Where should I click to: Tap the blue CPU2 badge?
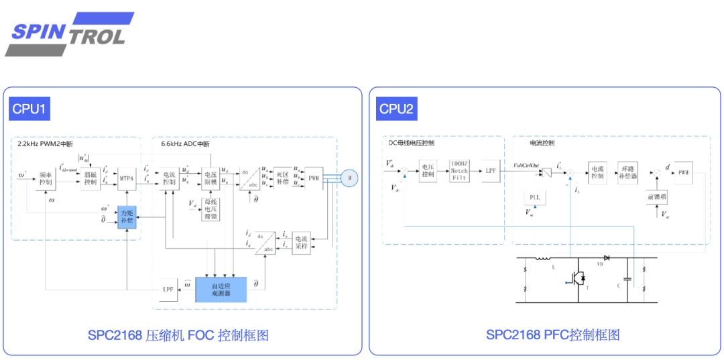pyautogui.click(x=396, y=109)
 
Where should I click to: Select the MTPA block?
pyautogui.click(x=127, y=178)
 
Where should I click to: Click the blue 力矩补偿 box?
pyautogui.click(x=127, y=215)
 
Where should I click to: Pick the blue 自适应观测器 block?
pyautogui.click(x=221, y=289)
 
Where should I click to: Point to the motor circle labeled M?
pyautogui.click(x=350, y=178)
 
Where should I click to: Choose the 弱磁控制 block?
pyautogui.click(x=90, y=178)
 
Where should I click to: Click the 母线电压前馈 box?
pyautogui.click(x=211, y=210)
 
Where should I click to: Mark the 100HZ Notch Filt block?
pyautogui.click(x=459, y=171)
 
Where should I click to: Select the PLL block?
pyautogui.click(x=534, y=198)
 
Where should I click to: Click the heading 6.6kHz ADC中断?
pyautogui.click(x=185, y=143)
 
